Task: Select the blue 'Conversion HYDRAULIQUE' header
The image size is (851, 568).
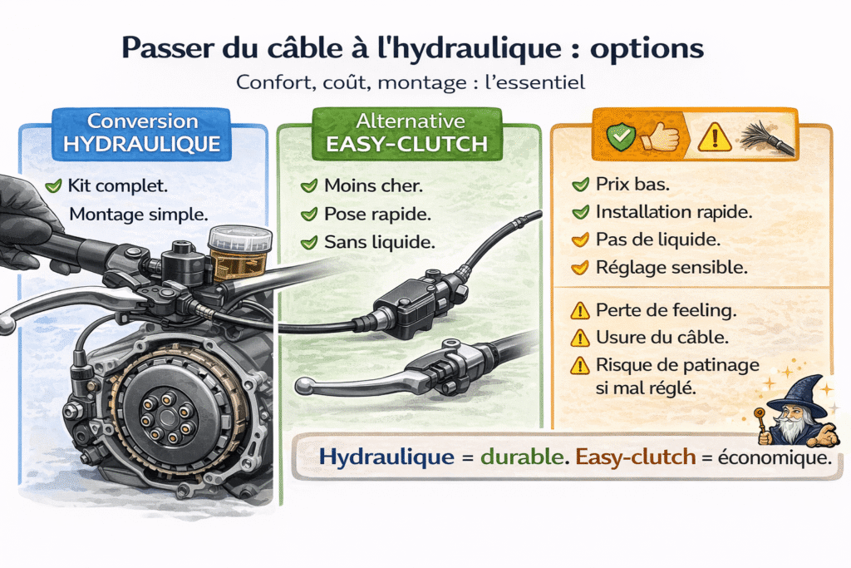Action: tap(141, 133)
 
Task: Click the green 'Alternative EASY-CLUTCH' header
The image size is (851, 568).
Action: tap(407, 133)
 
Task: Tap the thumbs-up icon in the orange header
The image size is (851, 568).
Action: tap(659, 136)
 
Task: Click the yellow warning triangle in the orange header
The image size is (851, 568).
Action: tap(715, 136)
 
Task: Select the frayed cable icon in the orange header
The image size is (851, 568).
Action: tap(766, 138)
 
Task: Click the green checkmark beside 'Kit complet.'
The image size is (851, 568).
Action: tap(54, 186)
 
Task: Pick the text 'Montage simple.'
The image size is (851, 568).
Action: tap(139, 215)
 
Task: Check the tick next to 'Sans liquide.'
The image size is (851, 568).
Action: tap(309, 242)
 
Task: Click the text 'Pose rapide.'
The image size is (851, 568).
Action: tap(377, 215)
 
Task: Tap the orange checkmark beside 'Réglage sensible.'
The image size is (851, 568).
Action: tap(580, 268)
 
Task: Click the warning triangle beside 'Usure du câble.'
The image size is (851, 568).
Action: tap(580, 338)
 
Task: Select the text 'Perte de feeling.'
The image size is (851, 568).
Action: tap(666, 310)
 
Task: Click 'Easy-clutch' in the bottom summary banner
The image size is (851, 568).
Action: tap(635, 457)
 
